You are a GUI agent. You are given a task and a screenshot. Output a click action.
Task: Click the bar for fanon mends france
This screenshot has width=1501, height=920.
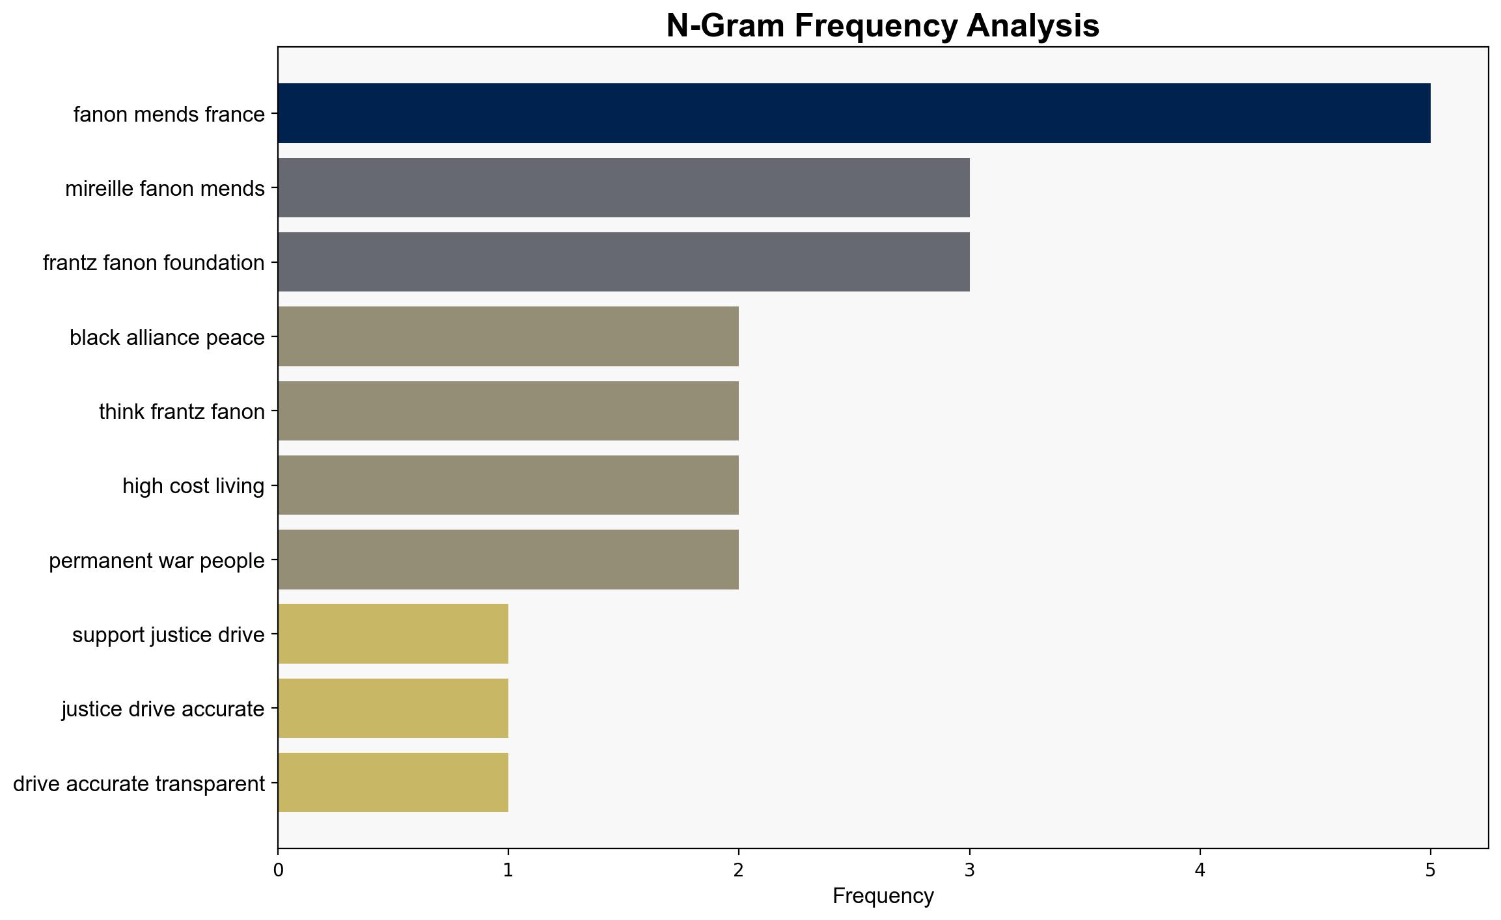(854, 113)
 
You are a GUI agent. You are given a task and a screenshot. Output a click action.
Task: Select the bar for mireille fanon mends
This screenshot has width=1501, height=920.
(624, 188)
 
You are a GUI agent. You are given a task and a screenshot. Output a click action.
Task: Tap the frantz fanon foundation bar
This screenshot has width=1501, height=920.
(624, 262)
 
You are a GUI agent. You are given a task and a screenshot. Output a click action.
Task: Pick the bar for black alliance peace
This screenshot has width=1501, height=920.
(508, 336)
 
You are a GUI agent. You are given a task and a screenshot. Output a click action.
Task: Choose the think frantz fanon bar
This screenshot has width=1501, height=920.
(508, 411)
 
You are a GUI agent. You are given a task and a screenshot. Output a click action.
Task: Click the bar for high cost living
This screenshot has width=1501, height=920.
(508, 485)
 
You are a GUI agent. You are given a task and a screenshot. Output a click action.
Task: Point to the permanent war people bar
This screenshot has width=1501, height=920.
(508, 560)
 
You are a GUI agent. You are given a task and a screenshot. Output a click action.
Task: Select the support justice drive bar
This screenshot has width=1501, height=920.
(393, 634)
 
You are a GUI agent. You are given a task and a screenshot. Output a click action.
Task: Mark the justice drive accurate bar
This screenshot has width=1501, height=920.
(393, 709)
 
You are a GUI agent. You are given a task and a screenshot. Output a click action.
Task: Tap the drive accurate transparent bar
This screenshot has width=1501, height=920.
(393, 783)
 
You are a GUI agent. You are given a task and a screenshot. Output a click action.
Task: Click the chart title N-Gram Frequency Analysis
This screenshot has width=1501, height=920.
(883, 26)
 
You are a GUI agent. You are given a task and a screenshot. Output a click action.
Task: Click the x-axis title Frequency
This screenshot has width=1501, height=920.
(883, 896)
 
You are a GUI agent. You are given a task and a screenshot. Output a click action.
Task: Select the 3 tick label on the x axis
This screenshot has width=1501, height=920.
(970, 871)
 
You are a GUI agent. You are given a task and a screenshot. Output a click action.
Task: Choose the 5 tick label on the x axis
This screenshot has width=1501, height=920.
(1431, 871)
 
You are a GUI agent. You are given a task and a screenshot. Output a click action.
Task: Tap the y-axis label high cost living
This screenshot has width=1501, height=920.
(193, 486)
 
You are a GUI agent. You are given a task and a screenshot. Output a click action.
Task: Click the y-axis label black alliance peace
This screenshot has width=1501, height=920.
(167, 338)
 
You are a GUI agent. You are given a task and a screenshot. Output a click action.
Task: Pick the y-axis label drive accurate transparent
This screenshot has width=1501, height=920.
(139, 784)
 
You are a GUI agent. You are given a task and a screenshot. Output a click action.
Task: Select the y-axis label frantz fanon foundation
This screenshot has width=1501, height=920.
(154, 263)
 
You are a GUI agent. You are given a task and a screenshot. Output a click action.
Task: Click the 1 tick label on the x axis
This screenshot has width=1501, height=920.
(508, 871)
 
